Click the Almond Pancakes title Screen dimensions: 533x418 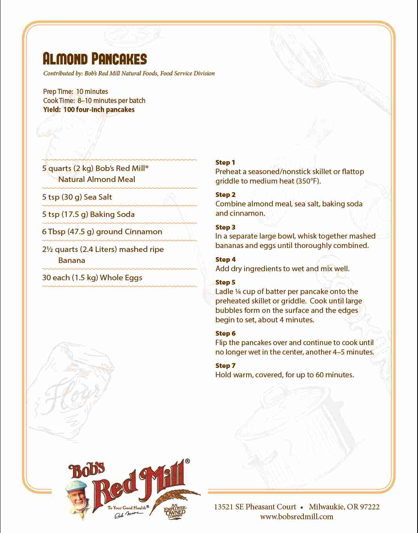tap(95, 59)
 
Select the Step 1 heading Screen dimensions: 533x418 tap(225, 162)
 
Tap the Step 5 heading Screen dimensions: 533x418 tap(225, 282)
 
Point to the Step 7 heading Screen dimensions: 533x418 tap(225, 366)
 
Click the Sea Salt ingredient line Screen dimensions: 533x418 tap(77, 197)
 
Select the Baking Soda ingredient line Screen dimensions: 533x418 tap(88, 214)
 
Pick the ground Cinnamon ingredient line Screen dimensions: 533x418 tap(102, 232)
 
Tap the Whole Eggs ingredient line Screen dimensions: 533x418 tap(92, 278)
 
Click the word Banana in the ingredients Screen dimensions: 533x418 tap(71, 260)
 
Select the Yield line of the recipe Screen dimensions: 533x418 tap(89, 110)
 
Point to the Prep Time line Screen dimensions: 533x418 tap(75, 92)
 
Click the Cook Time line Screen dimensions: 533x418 tap(94, 101)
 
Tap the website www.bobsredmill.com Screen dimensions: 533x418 tap(296, 516)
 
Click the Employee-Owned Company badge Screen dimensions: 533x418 tap(175, 511)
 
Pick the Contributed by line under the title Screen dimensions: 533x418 tap(129, 73)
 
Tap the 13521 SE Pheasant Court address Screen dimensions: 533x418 tap(255, 507)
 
